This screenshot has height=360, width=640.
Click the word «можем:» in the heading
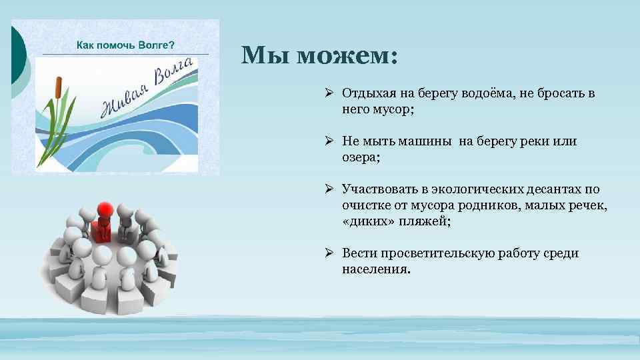tap(347, 56)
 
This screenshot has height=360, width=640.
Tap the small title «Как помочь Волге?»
tap(125, 45)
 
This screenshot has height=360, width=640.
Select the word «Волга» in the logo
tap(175, 72)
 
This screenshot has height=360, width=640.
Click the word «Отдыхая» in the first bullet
tap(368, 94)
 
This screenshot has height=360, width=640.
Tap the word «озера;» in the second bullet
tap(361, 157)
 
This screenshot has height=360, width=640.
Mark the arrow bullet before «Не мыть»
tap(329, 141)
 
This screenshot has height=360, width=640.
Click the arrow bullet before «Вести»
tap(329, 253)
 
